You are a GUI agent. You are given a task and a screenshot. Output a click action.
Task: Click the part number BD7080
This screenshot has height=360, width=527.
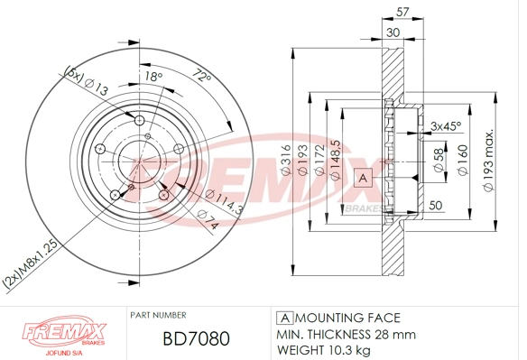[195, 338]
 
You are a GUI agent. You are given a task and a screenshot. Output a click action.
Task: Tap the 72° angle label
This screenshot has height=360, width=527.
[200, 78]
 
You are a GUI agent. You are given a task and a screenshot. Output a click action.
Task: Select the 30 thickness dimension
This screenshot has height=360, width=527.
[393, 32]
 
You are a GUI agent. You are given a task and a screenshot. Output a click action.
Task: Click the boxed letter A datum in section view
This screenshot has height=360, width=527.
[364, 178]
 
